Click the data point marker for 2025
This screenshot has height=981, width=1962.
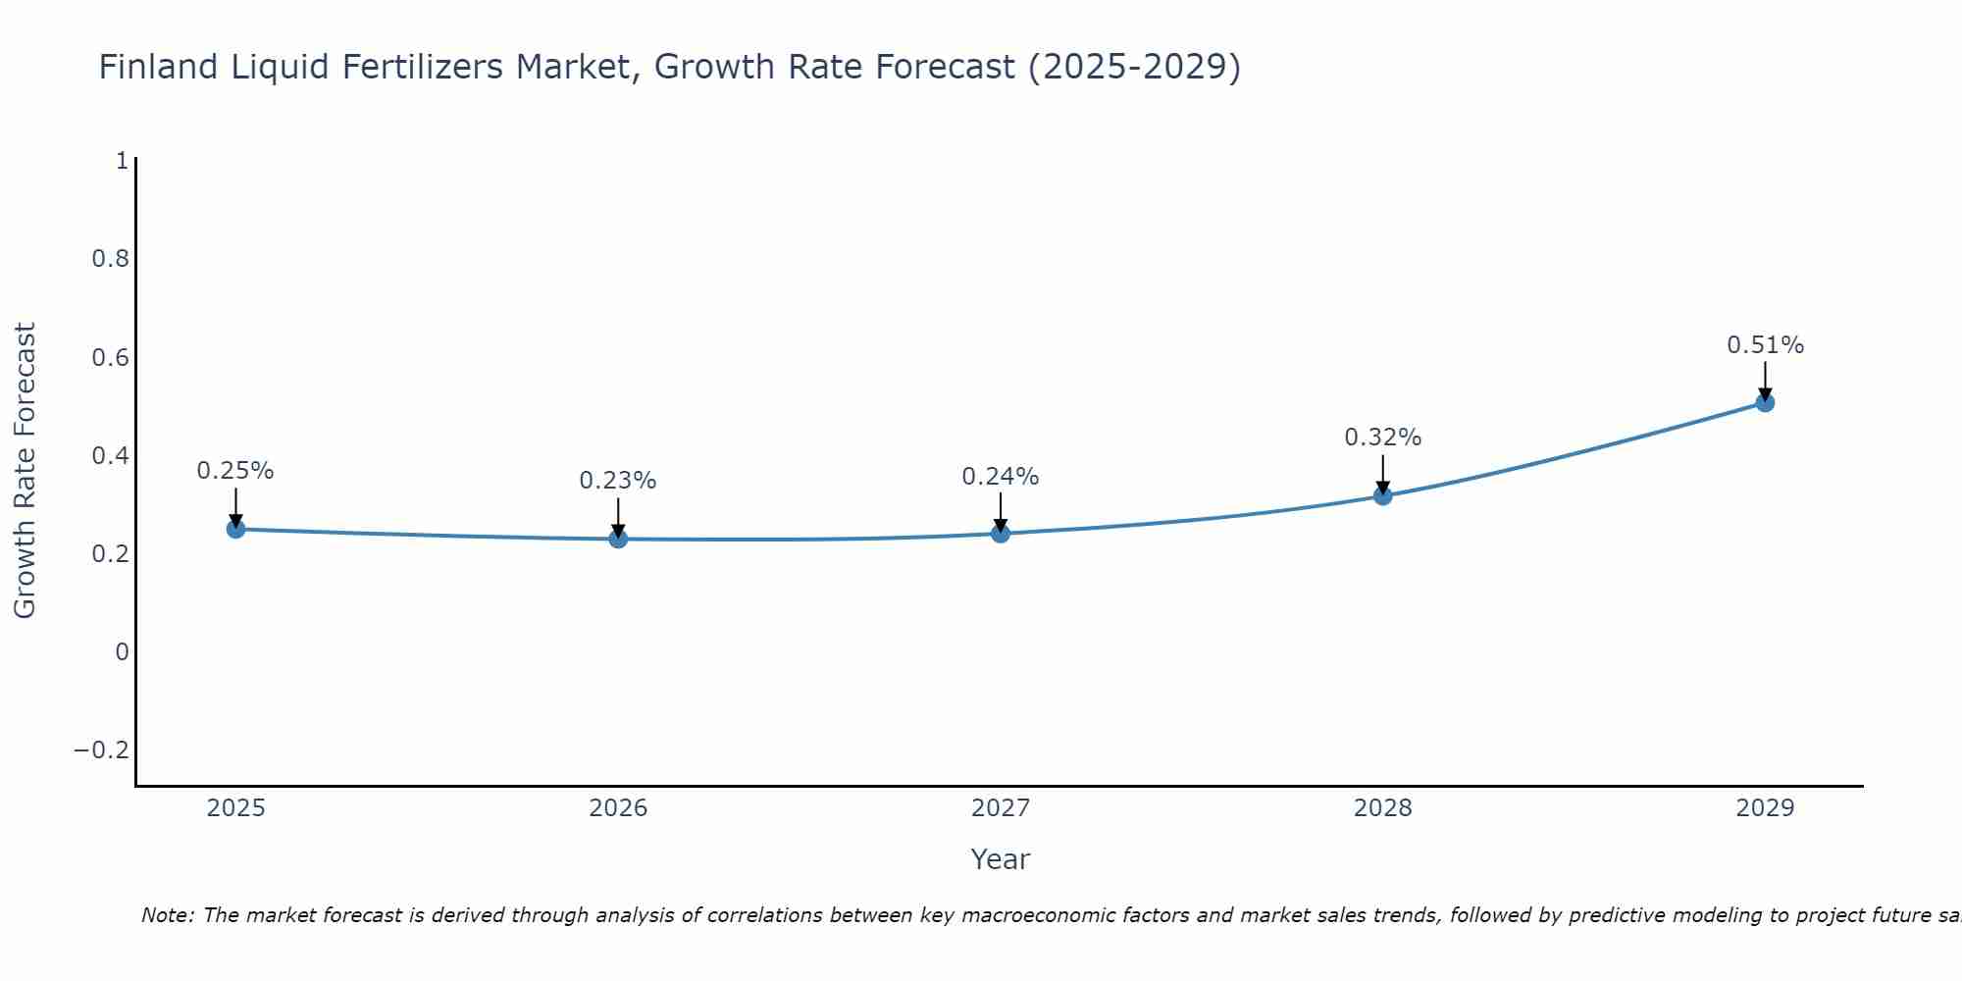click(x=235, y=529)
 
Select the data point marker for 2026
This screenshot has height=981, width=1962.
click(x=618, y=539)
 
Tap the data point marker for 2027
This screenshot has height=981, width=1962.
click(x=1001, y=534)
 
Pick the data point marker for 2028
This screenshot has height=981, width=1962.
click(x=1383, y=495)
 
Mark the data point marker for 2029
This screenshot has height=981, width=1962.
click(x=1765, y=402)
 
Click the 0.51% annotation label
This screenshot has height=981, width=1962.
click(x=1765, y=345)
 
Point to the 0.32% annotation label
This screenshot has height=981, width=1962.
click(x=1382, y=438)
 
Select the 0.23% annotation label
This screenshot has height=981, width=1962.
click(x=617, y=481)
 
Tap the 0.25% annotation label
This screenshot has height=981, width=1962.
click(x=235, y=471)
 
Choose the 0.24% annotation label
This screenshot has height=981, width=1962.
click(x=1000, y=477)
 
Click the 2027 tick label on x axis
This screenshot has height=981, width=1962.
click(x=1001, y=808)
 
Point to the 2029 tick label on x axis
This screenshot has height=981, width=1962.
click(x=1765, y=808)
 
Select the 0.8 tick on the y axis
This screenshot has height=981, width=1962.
click(x=110, y=259)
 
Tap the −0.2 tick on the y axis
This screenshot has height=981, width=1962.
click(x=102, y=750)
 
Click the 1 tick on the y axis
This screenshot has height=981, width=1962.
click(x=122, y=161)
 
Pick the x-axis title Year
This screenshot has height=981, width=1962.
click(x=1000, y=859)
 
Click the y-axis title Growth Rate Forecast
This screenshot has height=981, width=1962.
click(x=25, y=470)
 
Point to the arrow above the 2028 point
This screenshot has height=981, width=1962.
click(x=1383, y=473)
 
